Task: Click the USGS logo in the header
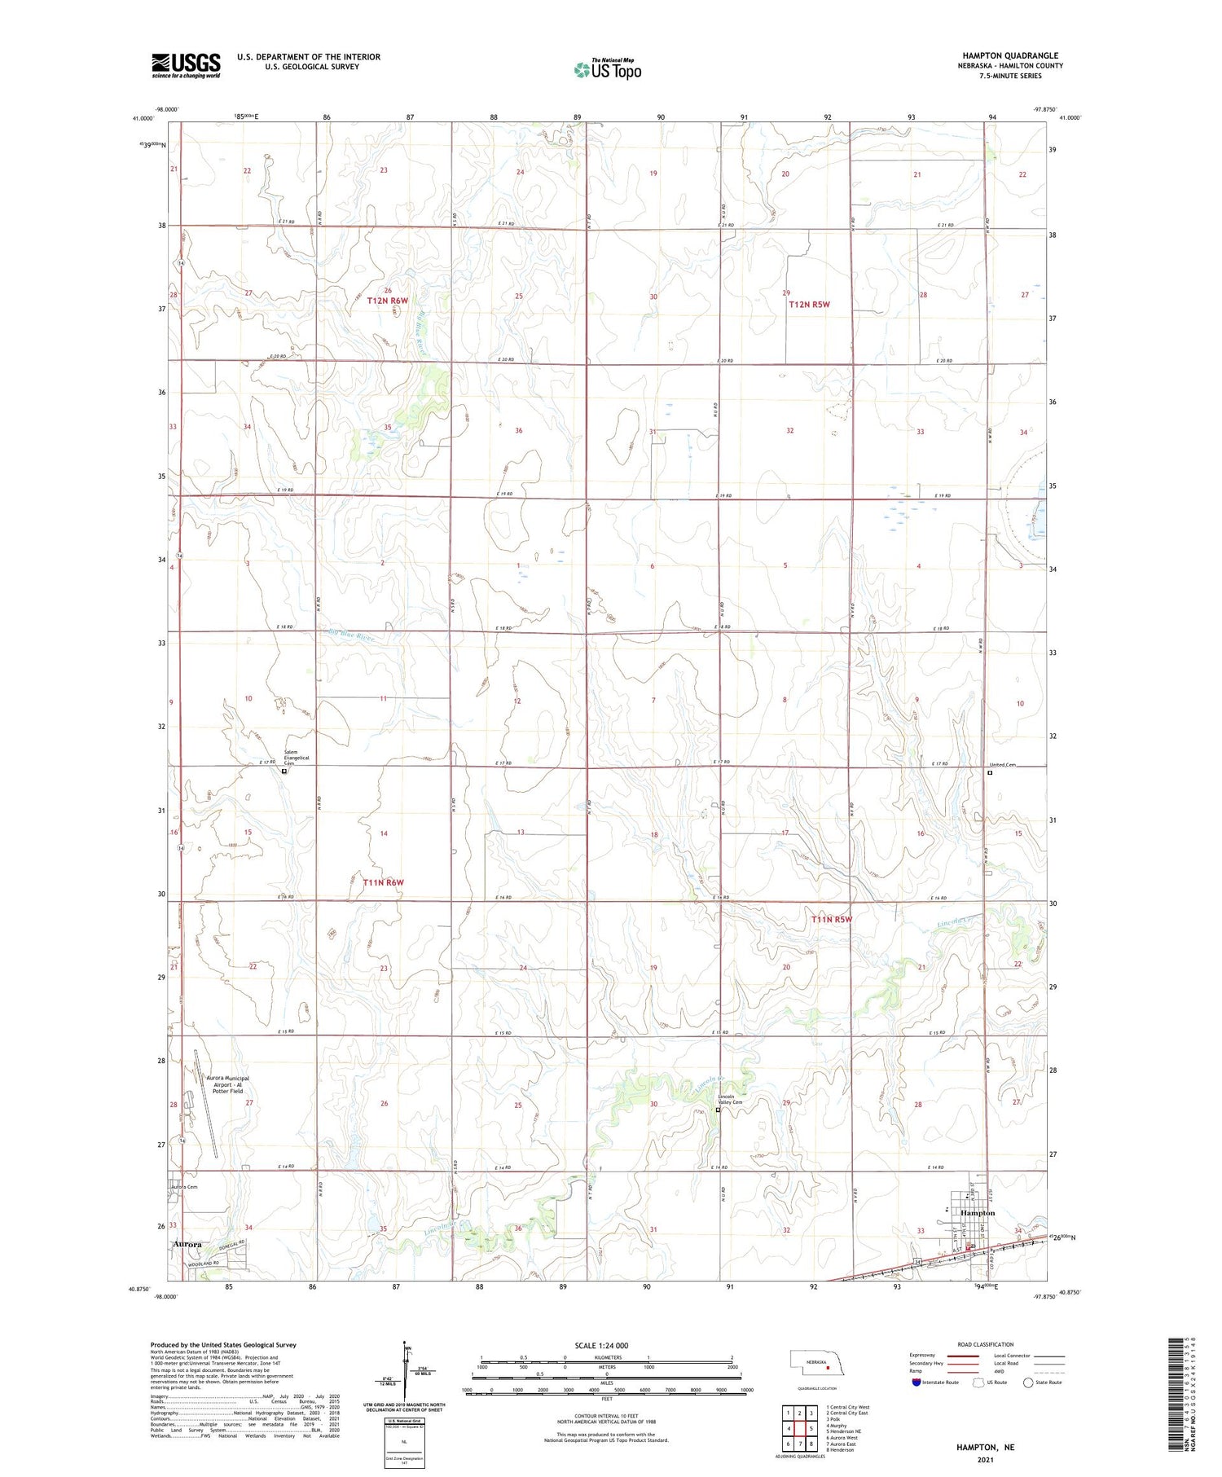186,65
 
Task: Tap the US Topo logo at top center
608,69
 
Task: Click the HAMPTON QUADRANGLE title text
1010,55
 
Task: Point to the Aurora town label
188,1244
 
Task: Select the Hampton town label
978,1213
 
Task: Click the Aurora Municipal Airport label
227,1084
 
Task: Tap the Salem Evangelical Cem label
297,758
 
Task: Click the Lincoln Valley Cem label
729,1099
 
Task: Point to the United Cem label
1003,765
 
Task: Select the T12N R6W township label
387,301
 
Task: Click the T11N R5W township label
831,920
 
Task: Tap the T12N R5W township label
809,304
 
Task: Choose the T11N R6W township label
384,882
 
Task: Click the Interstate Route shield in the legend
916,1382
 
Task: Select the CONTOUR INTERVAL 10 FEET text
606,1416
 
